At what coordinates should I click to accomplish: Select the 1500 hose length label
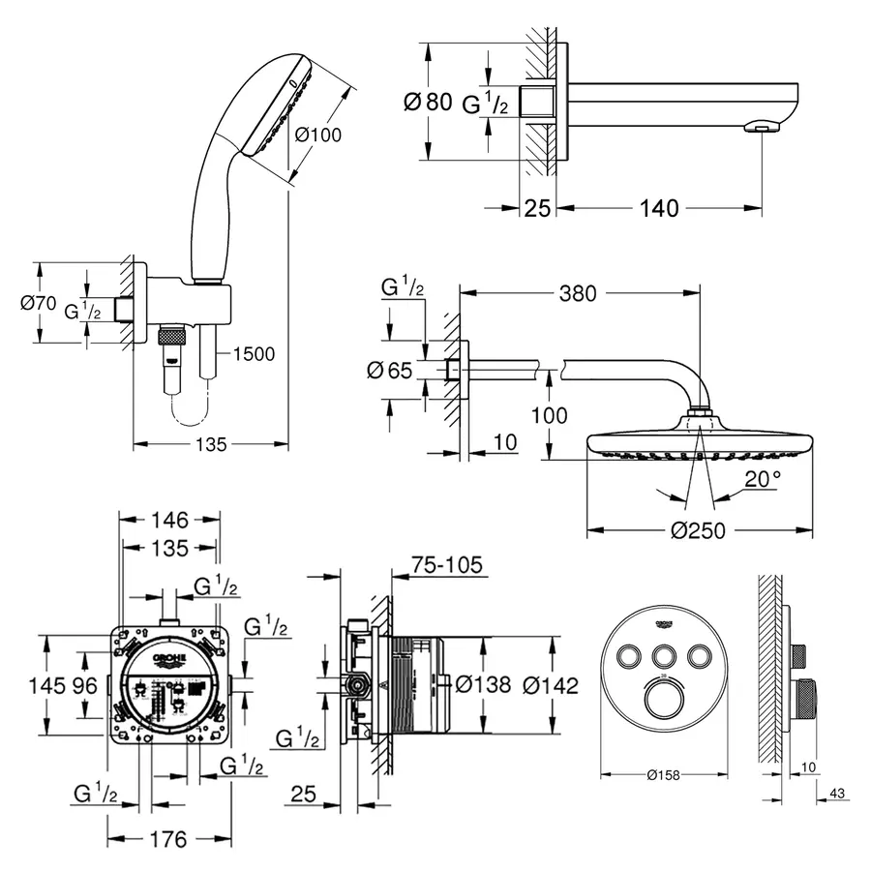point(254,354)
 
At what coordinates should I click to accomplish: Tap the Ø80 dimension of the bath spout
point(426,102)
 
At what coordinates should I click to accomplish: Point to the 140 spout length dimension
point(657,207)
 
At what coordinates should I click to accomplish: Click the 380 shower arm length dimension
point(578,293)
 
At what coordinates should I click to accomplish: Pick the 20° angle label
point(763,479)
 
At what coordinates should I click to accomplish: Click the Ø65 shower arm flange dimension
point(390,369)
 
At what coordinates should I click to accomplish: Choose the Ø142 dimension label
point(550,685)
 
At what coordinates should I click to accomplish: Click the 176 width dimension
point(169,839)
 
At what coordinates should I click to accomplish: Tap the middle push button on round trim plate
point(663,657)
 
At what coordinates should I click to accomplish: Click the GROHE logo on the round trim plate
point(663,623)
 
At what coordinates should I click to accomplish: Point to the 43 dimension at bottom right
point(837,795)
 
